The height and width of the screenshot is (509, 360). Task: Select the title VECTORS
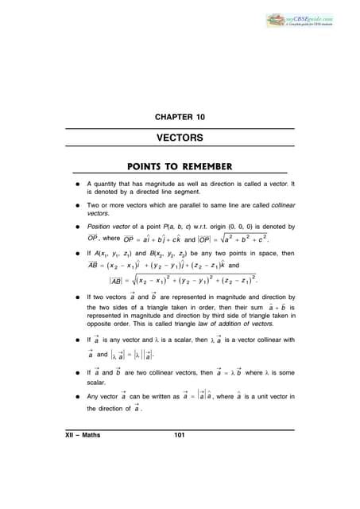179,138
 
